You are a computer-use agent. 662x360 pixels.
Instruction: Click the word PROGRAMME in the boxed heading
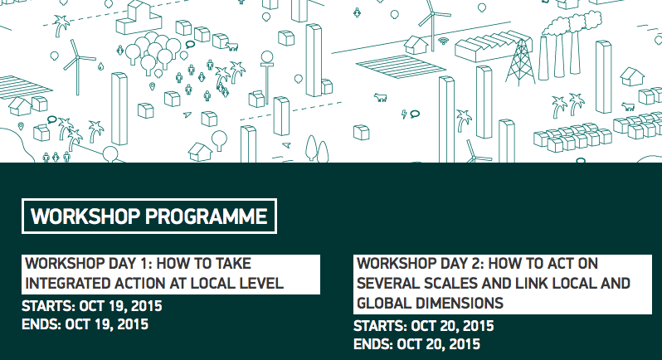click(x=206, y=216)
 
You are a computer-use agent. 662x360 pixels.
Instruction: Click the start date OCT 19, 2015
click(x=121, y=306)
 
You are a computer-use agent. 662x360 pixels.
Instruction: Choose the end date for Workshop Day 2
click(x=439, y=344)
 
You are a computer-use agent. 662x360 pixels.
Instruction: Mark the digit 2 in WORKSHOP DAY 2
click(x=475, y=264)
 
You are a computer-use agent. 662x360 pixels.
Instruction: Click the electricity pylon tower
click(x=521, y=62)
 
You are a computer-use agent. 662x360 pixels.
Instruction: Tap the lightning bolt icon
click(x=404, y=114)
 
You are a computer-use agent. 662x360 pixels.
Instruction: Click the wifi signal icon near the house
click(x=443, y=41)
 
